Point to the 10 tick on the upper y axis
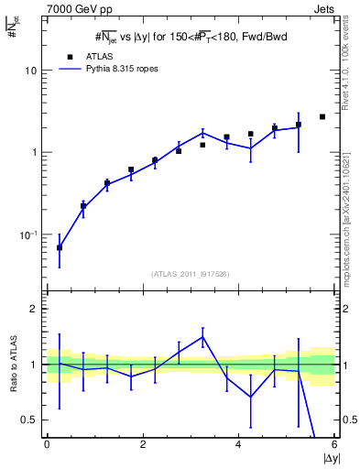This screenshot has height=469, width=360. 35,71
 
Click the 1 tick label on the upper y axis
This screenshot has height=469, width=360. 38,152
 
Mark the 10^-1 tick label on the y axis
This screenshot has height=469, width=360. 32,234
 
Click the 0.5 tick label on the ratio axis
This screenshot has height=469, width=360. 33,420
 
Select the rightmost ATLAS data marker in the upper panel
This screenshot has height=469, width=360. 322,116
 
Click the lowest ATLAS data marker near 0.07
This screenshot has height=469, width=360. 60,247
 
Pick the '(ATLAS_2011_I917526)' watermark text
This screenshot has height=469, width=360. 190,274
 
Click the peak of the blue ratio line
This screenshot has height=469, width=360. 202,336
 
